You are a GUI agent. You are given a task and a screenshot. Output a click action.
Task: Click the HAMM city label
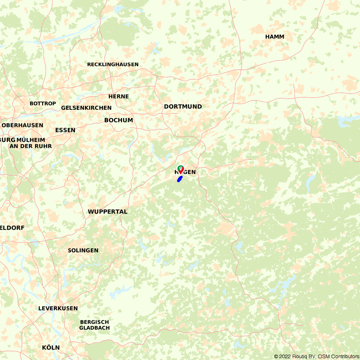tap(275, 37)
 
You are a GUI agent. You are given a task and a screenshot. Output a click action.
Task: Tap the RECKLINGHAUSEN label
tap(113, 64)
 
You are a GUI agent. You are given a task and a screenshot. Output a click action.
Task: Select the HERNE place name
tap(118, 96)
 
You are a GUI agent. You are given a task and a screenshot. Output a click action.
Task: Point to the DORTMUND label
tap(183, 107)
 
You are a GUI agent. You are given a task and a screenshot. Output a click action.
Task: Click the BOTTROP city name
tap(43, 103)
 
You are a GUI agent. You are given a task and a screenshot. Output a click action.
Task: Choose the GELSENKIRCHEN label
tap(86, 108)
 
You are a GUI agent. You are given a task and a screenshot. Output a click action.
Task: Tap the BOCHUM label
tap(119, 120)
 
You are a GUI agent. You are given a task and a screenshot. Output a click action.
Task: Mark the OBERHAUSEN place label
tap(22, 125)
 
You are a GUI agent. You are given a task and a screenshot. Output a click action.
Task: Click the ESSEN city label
tap(65, 130)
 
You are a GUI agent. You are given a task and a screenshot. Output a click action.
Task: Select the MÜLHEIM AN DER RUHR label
tap(31, 143)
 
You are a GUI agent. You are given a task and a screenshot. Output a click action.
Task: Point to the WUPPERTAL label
tap(108, 212)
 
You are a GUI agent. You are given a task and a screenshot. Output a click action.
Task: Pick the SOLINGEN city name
tap(83, 250)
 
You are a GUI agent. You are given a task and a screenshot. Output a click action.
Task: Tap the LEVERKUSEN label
tap(58, 309)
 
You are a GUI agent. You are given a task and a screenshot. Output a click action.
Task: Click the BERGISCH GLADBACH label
tap(94, 325)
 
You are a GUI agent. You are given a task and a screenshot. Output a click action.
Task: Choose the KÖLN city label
tap(51, 347)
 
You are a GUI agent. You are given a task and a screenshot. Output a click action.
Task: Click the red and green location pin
tap(181, 169)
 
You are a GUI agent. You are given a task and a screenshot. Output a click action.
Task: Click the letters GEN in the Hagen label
tap(190, 172)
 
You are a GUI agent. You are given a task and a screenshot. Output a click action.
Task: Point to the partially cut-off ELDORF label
tap(12, 228)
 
